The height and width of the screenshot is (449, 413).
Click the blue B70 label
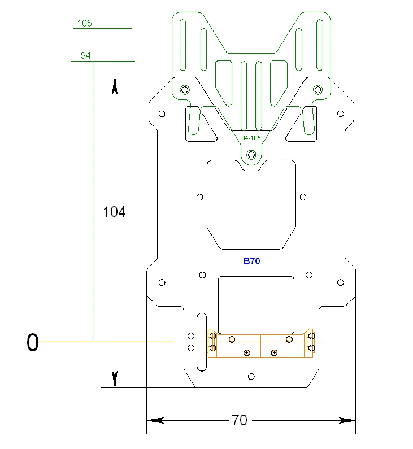251,261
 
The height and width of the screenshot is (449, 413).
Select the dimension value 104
114,212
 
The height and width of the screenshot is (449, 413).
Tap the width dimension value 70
240,420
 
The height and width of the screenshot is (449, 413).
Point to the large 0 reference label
33,342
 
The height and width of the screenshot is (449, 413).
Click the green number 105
84,23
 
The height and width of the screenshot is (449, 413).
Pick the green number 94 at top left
86,55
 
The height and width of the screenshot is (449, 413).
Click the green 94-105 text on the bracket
251,138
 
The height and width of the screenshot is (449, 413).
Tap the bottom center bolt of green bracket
251,154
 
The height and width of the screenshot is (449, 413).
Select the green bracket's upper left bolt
184,89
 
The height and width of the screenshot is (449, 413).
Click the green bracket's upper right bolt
318,89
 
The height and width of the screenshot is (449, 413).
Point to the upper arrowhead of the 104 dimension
115,85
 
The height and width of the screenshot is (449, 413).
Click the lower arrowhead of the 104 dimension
115,380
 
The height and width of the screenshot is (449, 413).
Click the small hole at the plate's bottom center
251,376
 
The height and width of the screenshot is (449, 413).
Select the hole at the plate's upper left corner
162,114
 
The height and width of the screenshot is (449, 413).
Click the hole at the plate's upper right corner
340,114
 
